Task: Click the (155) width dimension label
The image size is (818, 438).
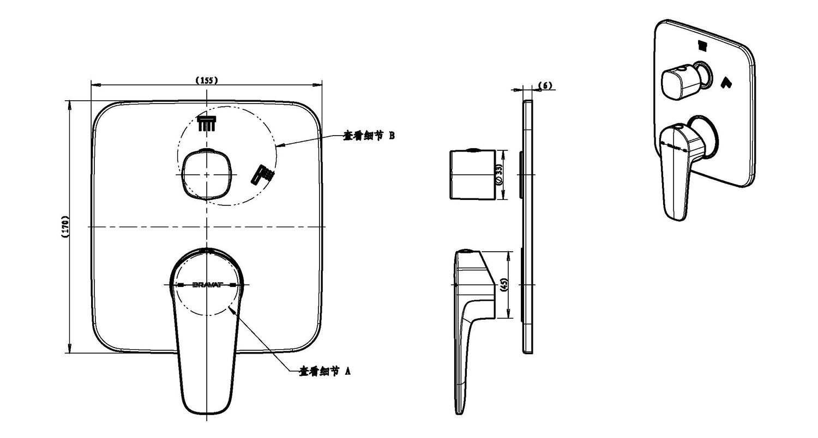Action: pos(207,80)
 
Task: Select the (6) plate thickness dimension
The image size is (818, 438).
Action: pos(545,86)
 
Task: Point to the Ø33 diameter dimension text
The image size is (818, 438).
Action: pos(498,175)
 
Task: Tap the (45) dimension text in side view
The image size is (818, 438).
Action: pos(504,285)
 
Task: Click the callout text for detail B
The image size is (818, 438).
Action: pos(368,136)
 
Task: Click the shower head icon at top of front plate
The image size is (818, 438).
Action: pos(207,123)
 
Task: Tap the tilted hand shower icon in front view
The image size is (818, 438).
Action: pos(263,174)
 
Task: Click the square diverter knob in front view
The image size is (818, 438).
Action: pos(207,174)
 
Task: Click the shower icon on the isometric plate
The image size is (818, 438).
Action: pos(702,44)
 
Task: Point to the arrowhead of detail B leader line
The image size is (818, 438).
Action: pos(279,146)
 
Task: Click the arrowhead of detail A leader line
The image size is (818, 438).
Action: pos(232,309)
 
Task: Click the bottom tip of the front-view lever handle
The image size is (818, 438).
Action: pos(207,412)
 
